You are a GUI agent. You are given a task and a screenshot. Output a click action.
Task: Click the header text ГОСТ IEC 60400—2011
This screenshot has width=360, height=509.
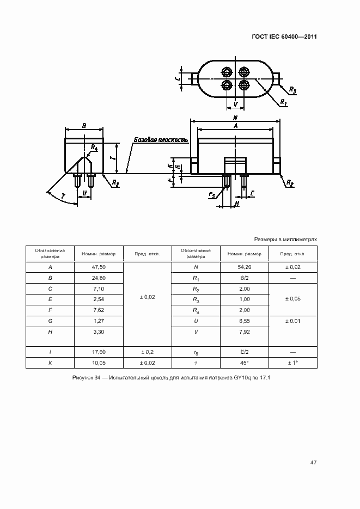pyautogui.click(x=284, y=37)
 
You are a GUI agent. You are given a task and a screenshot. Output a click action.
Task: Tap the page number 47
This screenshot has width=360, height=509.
pyautogui.click(x=313, y=462)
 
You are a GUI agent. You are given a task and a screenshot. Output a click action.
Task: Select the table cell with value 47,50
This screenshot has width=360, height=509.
pyautogui.click(x=99, y=267)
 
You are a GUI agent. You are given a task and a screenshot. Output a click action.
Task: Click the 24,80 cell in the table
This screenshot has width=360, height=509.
pyautogui.click(x=99, y=278)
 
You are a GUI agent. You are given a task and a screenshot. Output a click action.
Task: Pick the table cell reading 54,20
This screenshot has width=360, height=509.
pyautogui.click(x=244, y=267)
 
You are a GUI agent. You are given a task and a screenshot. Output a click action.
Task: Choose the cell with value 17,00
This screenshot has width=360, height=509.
pyautogui.click(x=99, y=352)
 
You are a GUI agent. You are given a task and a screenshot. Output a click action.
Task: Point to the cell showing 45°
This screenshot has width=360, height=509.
pyautogui.click(x=244, y=363)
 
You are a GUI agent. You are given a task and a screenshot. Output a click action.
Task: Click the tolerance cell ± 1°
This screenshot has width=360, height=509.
pyautogui.click(x=293, y=363)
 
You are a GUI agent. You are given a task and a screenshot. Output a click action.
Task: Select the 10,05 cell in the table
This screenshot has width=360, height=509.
pyautogui.click(x=99, y=363)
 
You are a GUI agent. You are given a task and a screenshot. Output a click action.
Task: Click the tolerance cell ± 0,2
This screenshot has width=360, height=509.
pyautogui.click(x=147, y=352)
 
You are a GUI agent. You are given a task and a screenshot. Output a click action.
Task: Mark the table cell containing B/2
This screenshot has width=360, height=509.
pyautogui.click(x=244, y=278)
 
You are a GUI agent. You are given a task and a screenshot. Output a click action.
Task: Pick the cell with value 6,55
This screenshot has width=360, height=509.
pyautogui.click(x=244, y=321)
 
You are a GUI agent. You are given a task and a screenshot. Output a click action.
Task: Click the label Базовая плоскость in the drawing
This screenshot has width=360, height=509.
pyautogui.click(x=161, y=140)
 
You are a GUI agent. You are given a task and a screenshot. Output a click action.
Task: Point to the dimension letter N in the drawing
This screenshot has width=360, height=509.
pyautogui.click(x=235, y=118)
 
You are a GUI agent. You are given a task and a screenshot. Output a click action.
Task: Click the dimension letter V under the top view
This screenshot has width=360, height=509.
pyautogui.click(x=235, y=103)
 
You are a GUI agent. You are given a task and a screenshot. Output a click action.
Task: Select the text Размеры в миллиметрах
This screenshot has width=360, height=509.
pyautogui.click(x=285, y=239)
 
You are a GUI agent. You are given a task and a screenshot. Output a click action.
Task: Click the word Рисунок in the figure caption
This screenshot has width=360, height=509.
pyautogui.click(x=84, y=378)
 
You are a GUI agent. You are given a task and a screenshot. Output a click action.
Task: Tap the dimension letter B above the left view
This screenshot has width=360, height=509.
pyautogui.click(x=84, y=126)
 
